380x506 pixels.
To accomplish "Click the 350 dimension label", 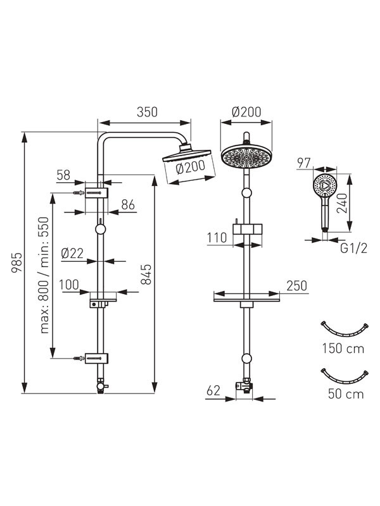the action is click(147, 112).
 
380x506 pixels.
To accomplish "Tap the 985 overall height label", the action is click(17, 262).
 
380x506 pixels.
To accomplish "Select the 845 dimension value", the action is click(146, 275).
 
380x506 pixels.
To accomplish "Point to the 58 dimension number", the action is click(63, 175).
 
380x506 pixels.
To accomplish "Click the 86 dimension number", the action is click(128, 204).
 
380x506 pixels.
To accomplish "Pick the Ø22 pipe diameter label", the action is click(72, 254).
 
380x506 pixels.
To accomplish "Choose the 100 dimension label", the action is click(69, 285).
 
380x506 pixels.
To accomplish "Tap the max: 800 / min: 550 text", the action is click(44, 275).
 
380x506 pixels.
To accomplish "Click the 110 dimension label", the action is click(217, 238).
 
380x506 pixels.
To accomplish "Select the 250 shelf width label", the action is click(296, 286).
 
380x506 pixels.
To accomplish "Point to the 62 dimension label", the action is click(213, 390).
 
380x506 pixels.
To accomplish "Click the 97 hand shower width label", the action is click(304, 163).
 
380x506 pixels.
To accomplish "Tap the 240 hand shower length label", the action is click(343, 203).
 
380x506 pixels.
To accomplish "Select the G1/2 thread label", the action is click(354, 249).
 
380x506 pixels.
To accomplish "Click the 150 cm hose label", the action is click(343, 349).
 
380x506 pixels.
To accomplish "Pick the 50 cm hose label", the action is click(346, 394).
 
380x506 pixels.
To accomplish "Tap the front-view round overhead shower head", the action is click(246, 157).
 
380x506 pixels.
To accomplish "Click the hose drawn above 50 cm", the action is click(344, 376).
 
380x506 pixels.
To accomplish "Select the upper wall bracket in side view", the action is click(96, 193).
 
